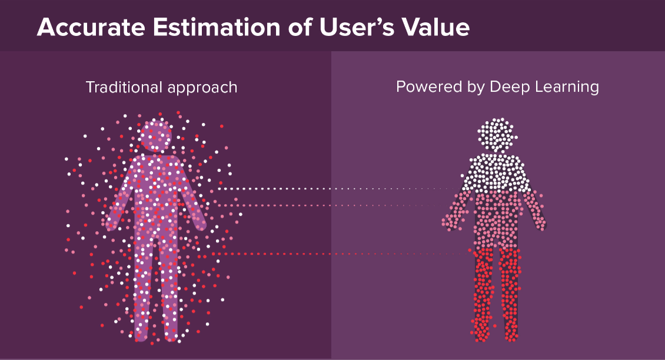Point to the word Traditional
[123, 88]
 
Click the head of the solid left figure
[155, 136]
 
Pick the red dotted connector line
[335, 254]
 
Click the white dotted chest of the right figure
[498, 174]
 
